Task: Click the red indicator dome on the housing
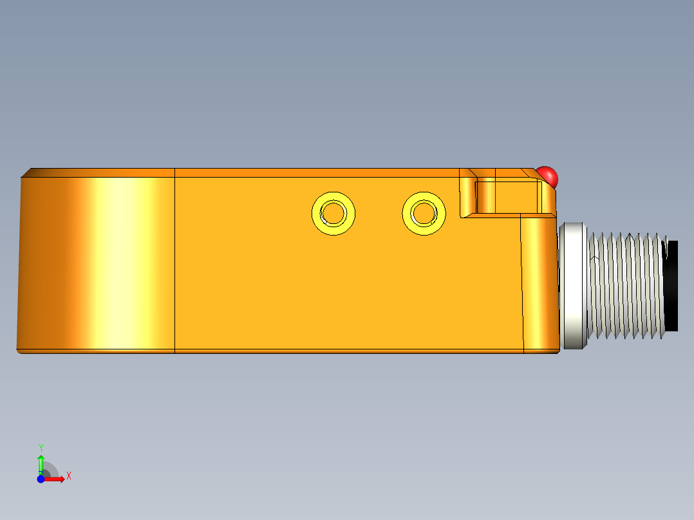click(x=548, y=175)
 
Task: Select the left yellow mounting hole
click(x=333, y=213)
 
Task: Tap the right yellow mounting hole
click(x=424, y=213)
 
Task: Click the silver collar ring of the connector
click(x=573, y=286)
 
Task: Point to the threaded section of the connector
click(x=624, y=286)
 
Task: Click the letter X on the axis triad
click(x=68, y=476)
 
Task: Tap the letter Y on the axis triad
click(x=41, y=447)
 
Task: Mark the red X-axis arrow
click(x=56, y=479)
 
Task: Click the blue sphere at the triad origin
click(x=41, y=479)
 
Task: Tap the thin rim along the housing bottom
click(x=290, y=351)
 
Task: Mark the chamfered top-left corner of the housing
click(x=27, y=172)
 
